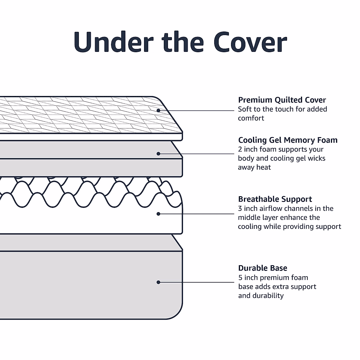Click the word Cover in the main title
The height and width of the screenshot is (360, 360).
point(250,42)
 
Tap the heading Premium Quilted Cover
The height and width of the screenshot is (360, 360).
point(282,100)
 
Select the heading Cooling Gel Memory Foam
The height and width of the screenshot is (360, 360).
point(288,140)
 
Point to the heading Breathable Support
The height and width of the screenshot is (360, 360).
point(275,199)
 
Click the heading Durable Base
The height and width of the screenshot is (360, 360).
point(263,268)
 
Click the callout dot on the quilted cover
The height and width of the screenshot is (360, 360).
point(158,110)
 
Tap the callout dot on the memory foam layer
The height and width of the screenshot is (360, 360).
point(158,154)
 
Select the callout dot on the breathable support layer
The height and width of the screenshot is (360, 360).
point(158,214)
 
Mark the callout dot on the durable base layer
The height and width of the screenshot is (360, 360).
point(158,282)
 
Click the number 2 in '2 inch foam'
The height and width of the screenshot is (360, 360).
point(240,149)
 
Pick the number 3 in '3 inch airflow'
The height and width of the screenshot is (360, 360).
point(240,208)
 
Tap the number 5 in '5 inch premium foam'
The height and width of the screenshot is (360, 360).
point(240,277)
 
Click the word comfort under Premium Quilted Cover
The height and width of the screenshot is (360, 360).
point(251,118)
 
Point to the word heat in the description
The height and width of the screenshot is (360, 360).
point(263,167)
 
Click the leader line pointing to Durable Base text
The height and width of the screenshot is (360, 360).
point(196,282)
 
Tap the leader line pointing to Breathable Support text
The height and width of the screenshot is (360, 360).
point(196,214)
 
